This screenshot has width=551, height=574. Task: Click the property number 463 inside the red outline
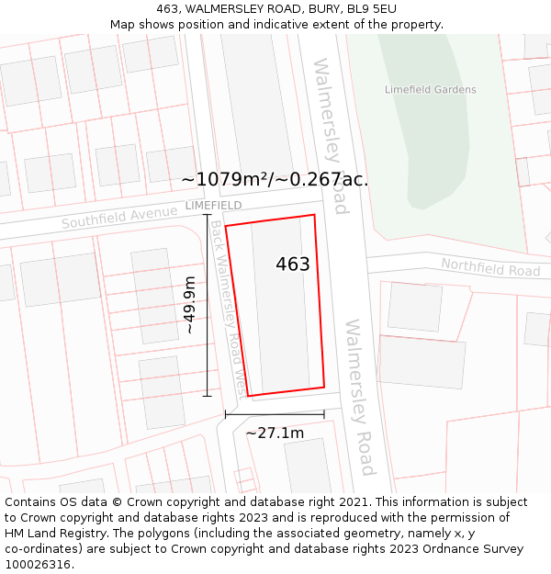(x=293, y=264)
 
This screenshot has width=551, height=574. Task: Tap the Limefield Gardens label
(x=430, y=90)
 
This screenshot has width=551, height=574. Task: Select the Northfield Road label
(x=490, y=267)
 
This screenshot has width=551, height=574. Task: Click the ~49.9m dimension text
(x=189, y=304)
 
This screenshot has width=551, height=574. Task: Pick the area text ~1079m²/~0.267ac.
(x=275, y=180)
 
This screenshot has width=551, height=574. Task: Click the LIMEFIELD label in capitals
(x=213, y=205)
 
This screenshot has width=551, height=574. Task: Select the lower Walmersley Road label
(x=358, y=397)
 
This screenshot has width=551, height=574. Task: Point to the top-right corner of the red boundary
(x=314, y=216)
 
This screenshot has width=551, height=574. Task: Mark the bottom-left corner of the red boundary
(x=248, y=396)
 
